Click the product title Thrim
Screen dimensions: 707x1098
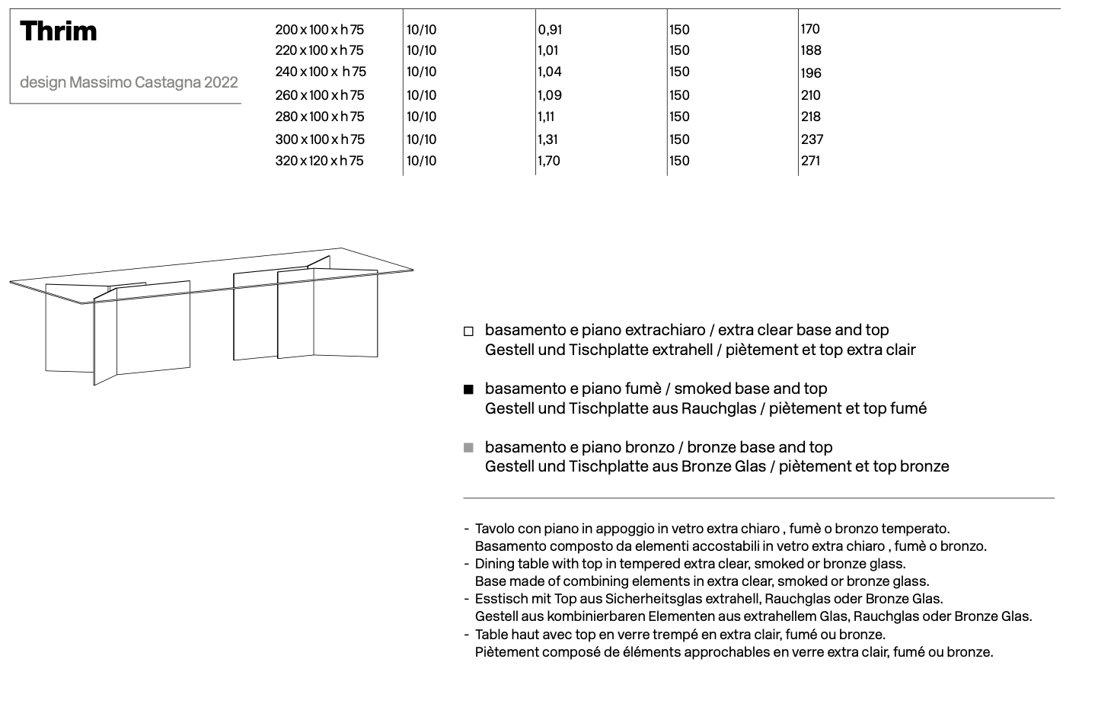click(59, 31)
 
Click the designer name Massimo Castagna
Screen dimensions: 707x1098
click(135, 82)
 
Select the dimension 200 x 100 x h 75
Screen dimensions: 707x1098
click(319, 30)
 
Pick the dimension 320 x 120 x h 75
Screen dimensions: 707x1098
click(319, 161)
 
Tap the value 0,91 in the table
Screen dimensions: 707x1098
click(550, 30)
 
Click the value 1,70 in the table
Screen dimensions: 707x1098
click(549, 161)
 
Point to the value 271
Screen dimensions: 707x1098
click(810, 161)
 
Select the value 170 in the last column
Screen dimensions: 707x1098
click(810, 29)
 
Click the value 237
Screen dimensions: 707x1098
click(812, 139)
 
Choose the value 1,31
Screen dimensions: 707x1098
click(548, 139)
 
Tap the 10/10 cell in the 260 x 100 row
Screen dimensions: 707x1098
click(422, 95)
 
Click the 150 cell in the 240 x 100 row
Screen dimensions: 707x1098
click(679, 72)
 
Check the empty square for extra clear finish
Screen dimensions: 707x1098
click(468, 331)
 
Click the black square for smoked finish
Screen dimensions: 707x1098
click(468, 389)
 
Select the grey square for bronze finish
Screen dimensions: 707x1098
click(468, 447)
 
